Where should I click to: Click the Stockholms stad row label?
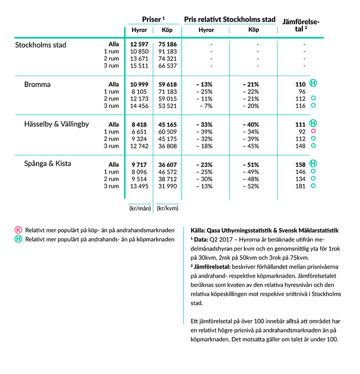click(40, 45)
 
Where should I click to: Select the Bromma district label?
click(37, 85)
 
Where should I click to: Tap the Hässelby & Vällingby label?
click(56, 124)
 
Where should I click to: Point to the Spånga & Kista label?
click(47, 164)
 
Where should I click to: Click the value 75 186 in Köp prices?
click(166, 45)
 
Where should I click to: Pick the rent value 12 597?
click(139, 45)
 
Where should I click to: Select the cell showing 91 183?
click(166, 52)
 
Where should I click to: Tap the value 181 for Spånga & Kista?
click(300, 186)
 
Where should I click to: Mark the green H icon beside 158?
click(314, 164)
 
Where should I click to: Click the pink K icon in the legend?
click(18, 230)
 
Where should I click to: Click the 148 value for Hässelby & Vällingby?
click(300, 146)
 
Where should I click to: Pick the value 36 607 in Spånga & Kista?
click(166, 164)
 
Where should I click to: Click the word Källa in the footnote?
click(194, 230)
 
